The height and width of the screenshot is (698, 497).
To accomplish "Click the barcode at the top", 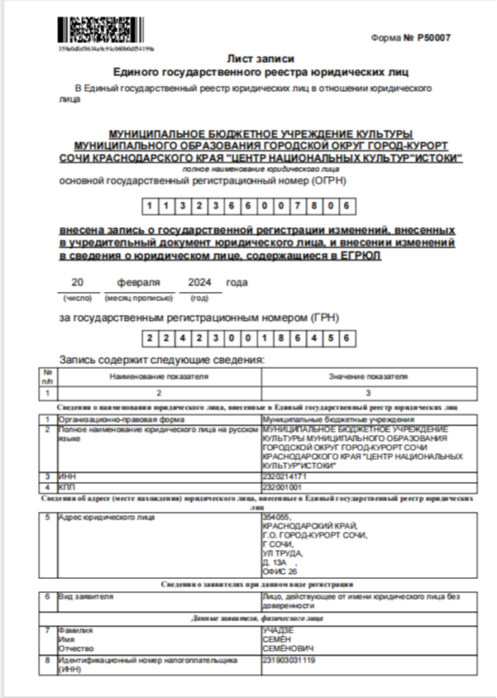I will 94,31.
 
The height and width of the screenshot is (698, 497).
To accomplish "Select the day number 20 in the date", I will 78,282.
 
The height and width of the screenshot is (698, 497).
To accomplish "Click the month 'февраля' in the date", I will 138,282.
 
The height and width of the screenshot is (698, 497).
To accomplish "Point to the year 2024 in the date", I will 200,282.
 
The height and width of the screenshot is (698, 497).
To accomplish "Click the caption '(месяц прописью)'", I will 138,297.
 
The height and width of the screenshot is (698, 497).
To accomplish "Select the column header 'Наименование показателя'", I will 158,376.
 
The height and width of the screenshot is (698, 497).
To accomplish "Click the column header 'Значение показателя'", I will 368,376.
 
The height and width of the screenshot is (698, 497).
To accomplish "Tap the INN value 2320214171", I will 284,477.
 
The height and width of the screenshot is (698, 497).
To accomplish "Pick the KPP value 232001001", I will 282,487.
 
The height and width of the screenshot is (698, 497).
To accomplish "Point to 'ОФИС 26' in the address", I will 279,571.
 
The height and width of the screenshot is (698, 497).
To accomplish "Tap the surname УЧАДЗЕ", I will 279,630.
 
